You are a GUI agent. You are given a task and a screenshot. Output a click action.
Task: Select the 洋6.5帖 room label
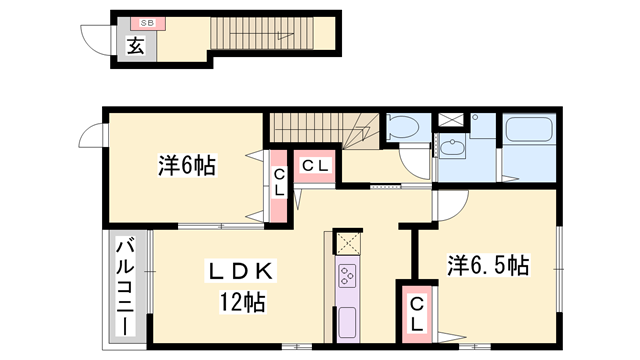click(488, 265)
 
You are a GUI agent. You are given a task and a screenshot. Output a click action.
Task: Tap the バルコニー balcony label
click(125, 286)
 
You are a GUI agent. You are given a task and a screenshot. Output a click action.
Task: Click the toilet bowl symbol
click(406, 128)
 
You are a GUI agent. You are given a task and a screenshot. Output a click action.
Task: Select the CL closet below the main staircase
click(314, 165)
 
